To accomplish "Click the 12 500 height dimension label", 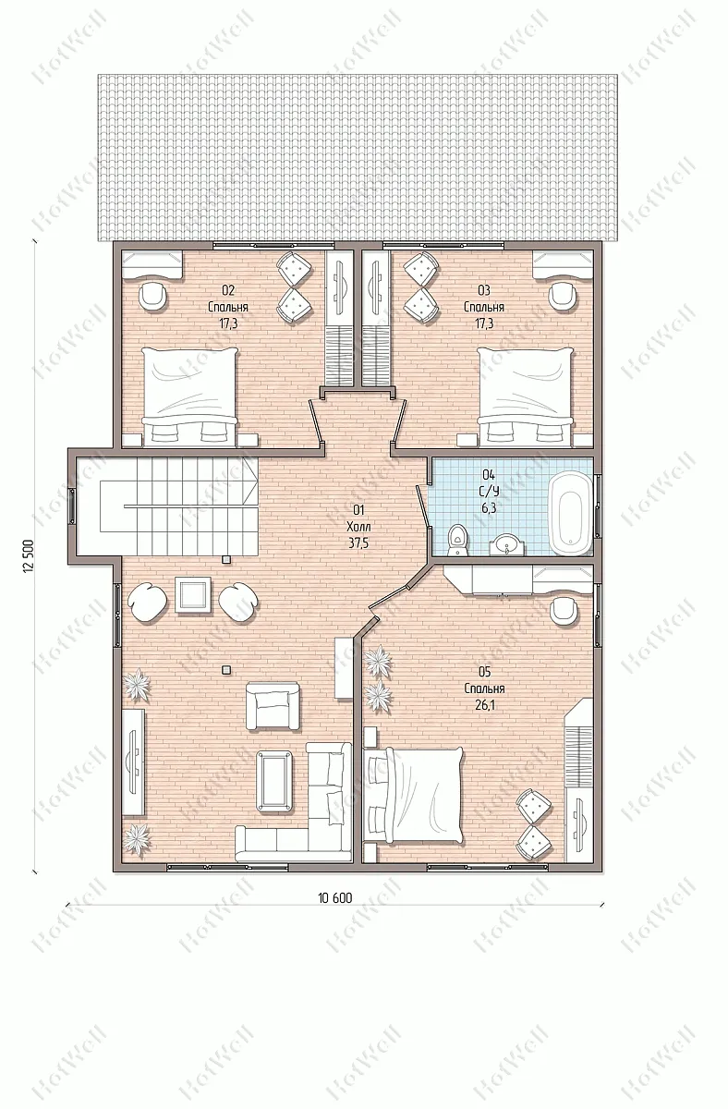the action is pyautogui.click(x=28, y=555).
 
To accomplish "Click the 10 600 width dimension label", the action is pyautogui.click(x=335, y=897).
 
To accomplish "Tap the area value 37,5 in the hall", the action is pyautogui.click(x=358, y=543).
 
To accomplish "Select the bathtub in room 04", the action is pyautogui.click(x=571, y=514).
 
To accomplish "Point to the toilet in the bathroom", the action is pyautogui.click(x=456, y=540).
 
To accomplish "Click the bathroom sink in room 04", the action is pyautogui.click(x=507, y=546).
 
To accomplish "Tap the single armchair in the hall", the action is pyautogui.click(x=273, y=705).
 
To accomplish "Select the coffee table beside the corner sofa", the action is pyautogui.click(x=274, y=783).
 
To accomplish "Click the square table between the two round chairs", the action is pyautogui.click(x=193, y=595).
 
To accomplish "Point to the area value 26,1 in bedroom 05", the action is pyautogui.click(x=484, y=705).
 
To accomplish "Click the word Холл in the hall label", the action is pyautogui.click(x=358, y=526).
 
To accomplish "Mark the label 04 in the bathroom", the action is pyautogui.click(x=489, y=475).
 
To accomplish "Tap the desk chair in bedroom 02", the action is pyautogui.click(x=153, y=295).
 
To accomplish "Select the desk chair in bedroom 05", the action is pyautogui.click(x=564, y=613).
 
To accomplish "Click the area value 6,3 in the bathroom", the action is pyautogui.click(x=489, y=508).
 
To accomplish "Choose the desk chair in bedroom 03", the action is pyautogui.click(x=564, y=295).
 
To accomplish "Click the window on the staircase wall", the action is pyautogui.click(x=72, y=506).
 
